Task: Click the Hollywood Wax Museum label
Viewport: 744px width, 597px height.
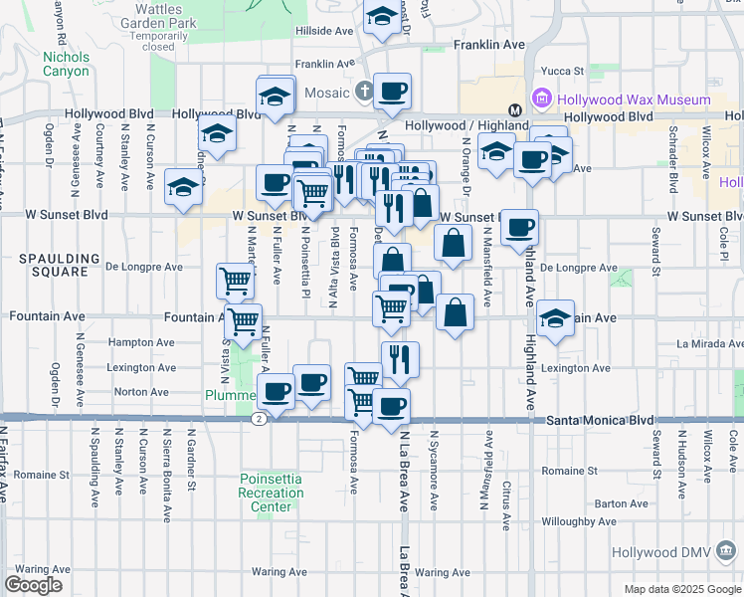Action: pyautogui.click(x=634, y=99)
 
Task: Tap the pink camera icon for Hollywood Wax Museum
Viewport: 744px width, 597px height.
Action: pyautogui.click(x=542, y=99)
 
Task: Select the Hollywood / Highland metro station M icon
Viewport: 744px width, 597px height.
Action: pyautogui.click(x=515, y=109)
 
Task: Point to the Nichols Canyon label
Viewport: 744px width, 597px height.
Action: pyautogui.click(x=66, y=64)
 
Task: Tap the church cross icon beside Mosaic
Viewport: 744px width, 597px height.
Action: pyautogui.click(x=364, y=93)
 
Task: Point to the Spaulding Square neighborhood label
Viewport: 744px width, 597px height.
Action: pyautogui.click(x=59, y=265)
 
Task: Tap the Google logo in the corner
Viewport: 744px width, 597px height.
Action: pyautogui.click(x=33, y=584)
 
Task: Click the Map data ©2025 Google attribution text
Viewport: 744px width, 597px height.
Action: pyautogui.click(x=681, y=589)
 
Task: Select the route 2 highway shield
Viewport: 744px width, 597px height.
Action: pyautogui.click(x=258, y=420)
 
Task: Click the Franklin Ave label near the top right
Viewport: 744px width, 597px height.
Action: pyautogui.click(x=488, y=45)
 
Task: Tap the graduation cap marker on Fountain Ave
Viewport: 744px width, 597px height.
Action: pyautogui.click(x=556, y=318)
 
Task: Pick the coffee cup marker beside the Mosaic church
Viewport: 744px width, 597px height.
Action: pyautogui.click(x=392, y=91)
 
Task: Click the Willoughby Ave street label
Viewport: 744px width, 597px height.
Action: pyautogui.click(x=578, y=521)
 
